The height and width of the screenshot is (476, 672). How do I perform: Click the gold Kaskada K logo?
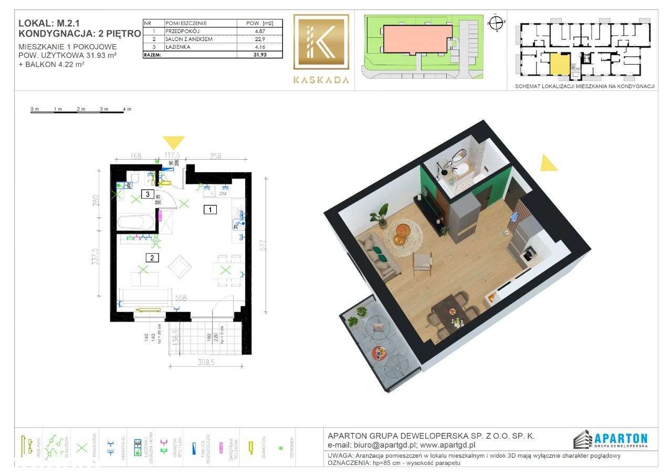321,42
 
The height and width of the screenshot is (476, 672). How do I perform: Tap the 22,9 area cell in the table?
258,39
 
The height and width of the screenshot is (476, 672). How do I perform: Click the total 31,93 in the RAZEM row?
258,54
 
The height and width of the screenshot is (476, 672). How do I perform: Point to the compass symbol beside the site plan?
495,22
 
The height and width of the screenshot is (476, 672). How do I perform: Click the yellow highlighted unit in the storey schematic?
559,64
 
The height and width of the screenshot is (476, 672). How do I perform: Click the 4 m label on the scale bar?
127,109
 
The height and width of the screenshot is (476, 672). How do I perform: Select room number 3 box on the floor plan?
149,194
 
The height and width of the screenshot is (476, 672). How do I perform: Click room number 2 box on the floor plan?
152,257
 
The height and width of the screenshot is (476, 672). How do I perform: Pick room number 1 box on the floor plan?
210,210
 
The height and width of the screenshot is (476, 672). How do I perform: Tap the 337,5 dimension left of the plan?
94,258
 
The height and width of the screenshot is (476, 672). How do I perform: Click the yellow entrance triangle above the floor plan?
173,142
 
